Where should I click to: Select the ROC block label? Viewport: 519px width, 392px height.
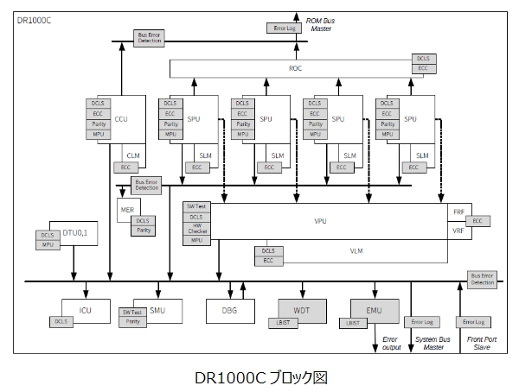click(295, 67)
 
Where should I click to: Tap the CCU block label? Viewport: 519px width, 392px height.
click(121, 118)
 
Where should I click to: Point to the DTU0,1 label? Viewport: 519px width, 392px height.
click(76, 232)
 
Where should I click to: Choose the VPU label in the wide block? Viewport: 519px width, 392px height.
click(321, 221)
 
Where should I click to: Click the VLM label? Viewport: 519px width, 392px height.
click(356, 250)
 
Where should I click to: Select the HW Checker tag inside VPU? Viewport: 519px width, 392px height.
click(196, 228)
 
